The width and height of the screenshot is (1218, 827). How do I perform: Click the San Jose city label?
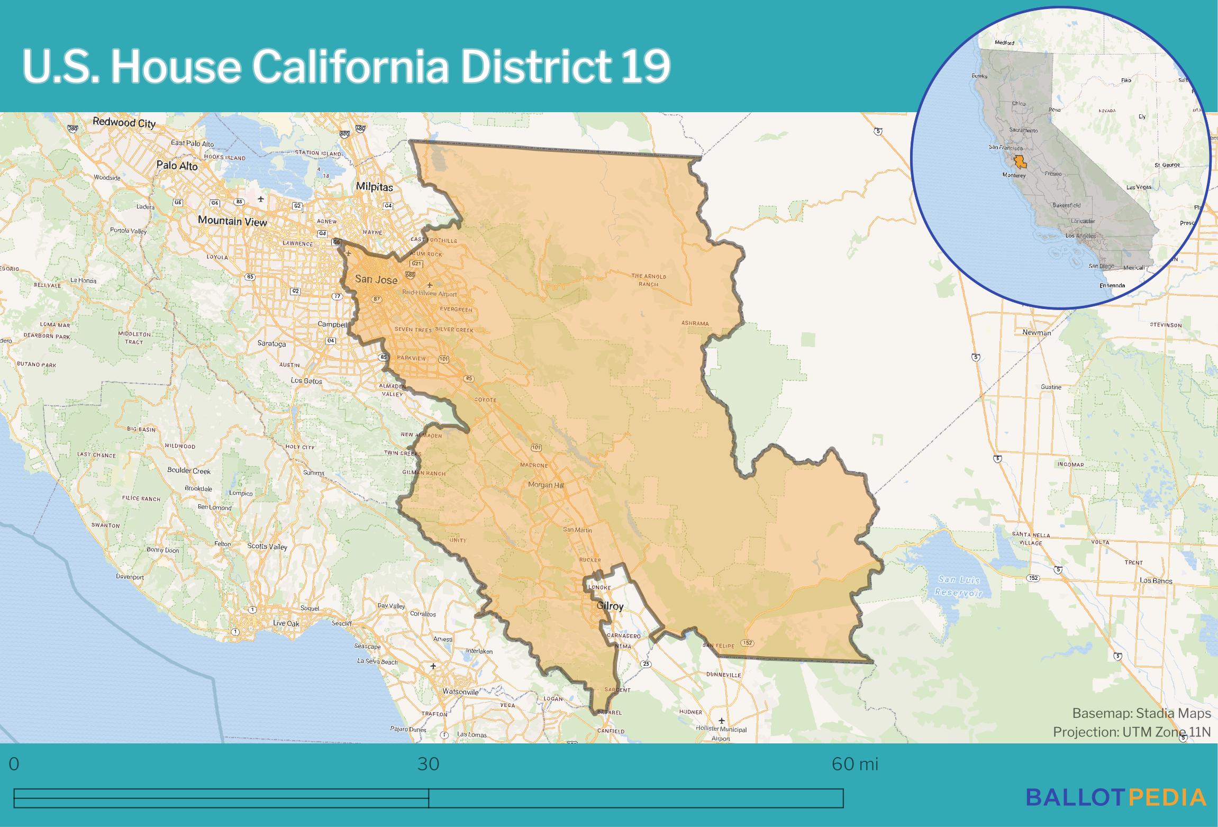376,279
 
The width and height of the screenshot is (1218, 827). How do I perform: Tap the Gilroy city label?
610,606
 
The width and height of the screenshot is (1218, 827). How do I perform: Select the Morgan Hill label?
547,485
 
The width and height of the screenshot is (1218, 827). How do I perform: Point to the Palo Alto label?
177,166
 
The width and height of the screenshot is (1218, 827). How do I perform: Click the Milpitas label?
374,187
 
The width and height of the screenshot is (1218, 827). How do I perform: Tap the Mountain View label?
232,221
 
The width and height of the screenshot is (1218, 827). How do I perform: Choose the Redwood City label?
124,123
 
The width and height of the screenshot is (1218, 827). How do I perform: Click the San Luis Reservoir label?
958,586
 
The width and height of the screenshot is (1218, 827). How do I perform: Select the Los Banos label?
1156,581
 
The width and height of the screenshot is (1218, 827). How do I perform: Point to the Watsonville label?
460,692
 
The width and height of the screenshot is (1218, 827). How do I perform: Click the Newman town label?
1037,332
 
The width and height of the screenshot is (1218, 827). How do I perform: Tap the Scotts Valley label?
267,546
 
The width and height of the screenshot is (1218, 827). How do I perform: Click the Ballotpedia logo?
1116,797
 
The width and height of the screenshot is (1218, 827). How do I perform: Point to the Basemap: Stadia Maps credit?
1141,713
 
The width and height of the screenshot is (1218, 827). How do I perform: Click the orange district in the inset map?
1019,162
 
